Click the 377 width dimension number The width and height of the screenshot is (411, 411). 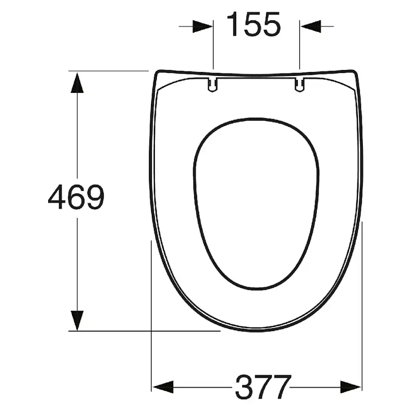[263, 387]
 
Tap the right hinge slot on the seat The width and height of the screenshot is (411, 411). [299, 84]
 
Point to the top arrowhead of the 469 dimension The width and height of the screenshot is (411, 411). [76, 82]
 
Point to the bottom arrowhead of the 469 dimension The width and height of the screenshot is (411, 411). [76, 320]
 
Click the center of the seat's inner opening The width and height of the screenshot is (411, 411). [256, 204]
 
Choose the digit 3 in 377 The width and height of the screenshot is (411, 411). [244, 387]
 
